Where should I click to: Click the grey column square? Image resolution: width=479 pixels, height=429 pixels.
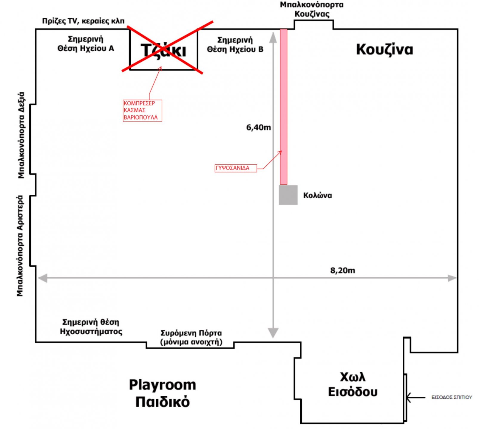tap(288, 195)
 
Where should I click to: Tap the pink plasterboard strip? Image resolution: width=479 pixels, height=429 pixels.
tap(284, 107)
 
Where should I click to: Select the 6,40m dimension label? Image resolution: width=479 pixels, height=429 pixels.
tap(259, 128)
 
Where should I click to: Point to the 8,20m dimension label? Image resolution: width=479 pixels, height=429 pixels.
tap(343, 271)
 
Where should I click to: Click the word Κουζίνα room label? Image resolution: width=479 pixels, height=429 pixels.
tap(384, 49)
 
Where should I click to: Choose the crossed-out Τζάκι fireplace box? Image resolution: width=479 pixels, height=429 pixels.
tap(164, 49)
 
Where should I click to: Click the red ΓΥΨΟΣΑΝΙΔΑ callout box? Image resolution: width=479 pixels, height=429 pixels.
tap(236, 168)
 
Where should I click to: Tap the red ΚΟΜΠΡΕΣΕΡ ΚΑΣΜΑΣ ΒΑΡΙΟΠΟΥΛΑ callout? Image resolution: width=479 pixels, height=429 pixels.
tap(142, 111)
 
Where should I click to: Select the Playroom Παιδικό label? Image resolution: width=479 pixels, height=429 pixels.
tap(163, 393)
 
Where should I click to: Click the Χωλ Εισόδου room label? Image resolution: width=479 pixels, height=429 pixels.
tap(353, 384)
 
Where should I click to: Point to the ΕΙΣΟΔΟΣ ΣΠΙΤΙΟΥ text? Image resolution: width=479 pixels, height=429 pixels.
tap(452, 397)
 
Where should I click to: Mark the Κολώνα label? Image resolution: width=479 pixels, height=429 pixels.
tap(318, 195)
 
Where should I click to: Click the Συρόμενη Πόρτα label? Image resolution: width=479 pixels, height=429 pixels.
tap(191, 337)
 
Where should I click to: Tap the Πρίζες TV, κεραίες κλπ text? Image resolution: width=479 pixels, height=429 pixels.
tap(83, 21)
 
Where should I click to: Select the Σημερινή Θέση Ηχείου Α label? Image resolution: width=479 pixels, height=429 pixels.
tap(86, 44)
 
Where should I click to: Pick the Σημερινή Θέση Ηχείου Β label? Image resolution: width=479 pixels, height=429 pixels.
tap(235, 45)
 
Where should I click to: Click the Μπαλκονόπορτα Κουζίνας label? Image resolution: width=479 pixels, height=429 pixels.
tap(312, 9)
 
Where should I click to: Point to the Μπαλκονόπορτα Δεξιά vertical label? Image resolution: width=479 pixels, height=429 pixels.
tap(21, 135)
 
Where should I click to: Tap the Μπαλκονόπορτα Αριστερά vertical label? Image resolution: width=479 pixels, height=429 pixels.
tap(20, 246)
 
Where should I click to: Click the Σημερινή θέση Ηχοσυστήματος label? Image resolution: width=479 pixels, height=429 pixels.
tap(91, 327)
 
